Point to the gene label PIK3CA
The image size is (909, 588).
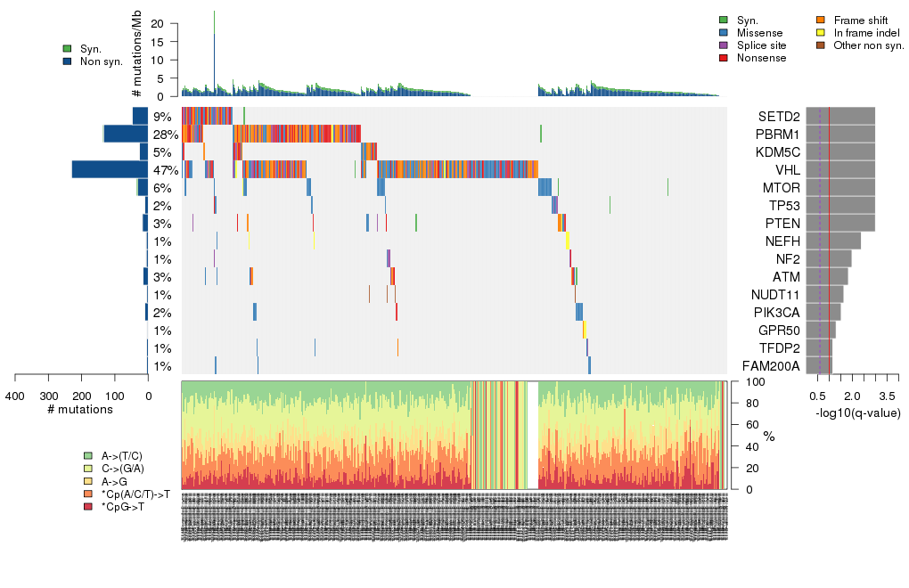click(x=777, y=313)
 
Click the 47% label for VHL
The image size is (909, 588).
click(x=166, y=170)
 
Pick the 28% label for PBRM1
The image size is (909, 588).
click(x=166, y=135)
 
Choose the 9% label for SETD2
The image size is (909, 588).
click(x=162, y=117)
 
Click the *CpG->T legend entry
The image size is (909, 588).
click(x=123, y=506)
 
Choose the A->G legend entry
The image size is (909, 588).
click(x=115, y=481)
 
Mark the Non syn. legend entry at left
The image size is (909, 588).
click(x=100, y=61)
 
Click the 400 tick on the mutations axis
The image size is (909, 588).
click(x=15, y=396)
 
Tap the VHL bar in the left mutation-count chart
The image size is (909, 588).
click(x=110, y=169)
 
